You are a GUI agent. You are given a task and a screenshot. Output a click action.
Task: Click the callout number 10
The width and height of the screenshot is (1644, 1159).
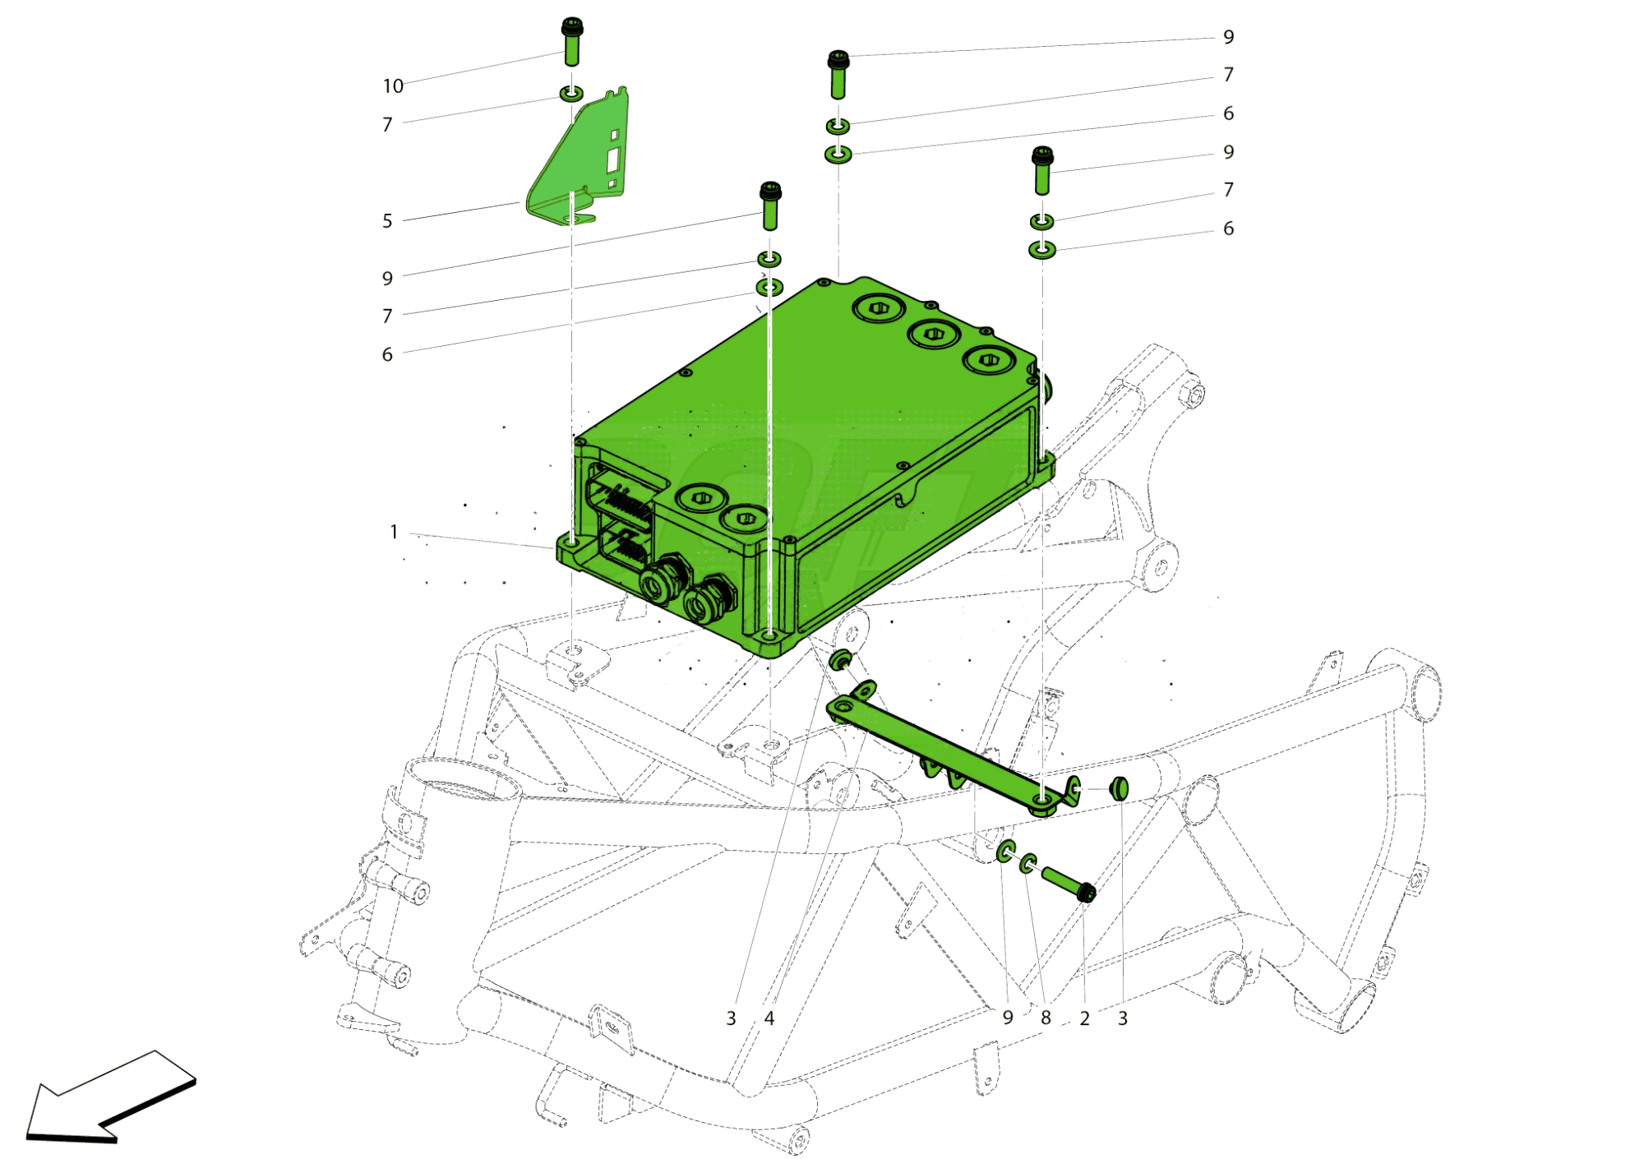pos(393,85)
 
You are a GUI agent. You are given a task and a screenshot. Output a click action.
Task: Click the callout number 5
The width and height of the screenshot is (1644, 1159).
pos(387,220)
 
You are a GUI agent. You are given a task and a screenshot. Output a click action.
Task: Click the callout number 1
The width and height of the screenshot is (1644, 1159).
pos(394,532)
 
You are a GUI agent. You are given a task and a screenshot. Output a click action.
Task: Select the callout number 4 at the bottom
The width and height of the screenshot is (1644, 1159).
pos(769,1018)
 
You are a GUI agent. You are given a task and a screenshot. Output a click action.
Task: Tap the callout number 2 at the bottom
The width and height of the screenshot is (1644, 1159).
pos(1084,1018)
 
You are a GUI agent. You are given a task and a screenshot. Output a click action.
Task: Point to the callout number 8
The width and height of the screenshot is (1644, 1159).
pos(1046,1018)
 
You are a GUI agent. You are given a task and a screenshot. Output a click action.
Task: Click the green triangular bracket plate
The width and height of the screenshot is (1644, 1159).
pos(575,160)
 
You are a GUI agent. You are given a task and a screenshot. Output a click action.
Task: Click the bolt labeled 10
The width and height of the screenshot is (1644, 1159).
pos(571,41)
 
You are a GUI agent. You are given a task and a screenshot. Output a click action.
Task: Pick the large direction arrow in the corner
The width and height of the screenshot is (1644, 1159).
pos(111,1097)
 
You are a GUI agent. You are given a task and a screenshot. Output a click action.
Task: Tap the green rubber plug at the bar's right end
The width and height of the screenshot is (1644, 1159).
pos(1119,787)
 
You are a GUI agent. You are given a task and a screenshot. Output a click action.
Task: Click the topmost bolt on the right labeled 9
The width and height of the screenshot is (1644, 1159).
pos(838,74)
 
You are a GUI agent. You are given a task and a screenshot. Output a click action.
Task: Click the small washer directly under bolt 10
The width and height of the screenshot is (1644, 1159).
pos(571,93)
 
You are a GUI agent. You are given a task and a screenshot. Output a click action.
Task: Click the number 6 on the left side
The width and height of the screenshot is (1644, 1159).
pos(387,354)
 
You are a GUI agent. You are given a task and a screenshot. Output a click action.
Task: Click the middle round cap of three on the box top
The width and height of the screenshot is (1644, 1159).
pos(932,333)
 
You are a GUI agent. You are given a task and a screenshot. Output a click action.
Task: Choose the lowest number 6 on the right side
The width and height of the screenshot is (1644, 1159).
pos(1228,229)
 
